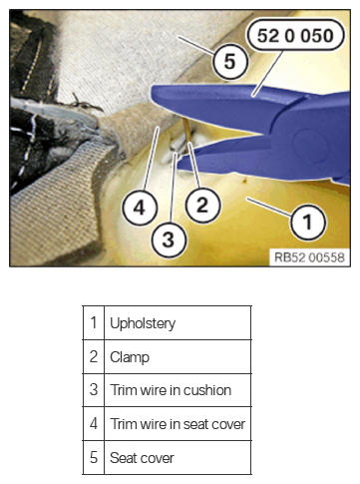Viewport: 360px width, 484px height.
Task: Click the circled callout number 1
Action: (307, 222)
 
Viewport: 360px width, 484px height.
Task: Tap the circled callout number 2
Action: (202, 205)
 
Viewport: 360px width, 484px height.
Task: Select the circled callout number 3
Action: (169, 240)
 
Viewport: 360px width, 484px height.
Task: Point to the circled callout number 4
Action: (140, 209)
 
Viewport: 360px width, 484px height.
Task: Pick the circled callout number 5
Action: (230, 62)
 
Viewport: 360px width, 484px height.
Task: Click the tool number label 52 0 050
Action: (295, 35)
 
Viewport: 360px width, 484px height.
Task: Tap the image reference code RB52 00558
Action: (309, 257)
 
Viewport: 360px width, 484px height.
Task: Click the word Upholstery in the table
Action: (143, 323)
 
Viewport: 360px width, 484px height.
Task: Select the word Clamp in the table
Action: (130, 357)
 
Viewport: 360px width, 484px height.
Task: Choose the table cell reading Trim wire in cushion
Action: (171, 390)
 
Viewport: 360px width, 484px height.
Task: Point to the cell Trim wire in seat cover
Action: (178, 424)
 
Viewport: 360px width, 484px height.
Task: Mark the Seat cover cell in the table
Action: (142, 458)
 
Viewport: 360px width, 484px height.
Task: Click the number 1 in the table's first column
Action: (94, 322)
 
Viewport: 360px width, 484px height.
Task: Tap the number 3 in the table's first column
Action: (94, 390)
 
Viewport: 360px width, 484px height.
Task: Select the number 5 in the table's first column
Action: (94, 458)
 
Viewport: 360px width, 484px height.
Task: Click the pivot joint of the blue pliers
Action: (305, 143)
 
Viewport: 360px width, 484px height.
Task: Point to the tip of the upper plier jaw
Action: (153, 94)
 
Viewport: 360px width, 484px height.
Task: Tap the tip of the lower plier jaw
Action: (180, 165)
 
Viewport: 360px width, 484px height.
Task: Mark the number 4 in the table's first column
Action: (94, 424)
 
